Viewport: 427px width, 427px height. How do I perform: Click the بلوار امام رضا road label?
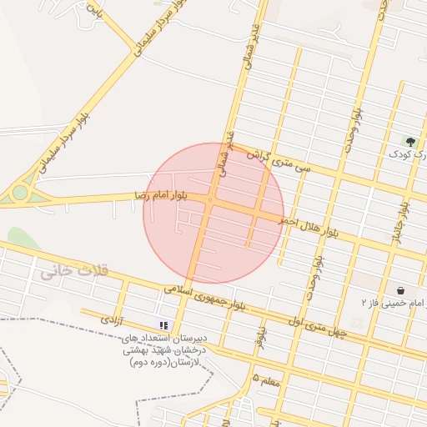(x=172, y=194)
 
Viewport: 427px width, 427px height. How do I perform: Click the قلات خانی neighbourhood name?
(x=72, y=271)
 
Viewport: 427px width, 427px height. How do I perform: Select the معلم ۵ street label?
(x=266, y=380)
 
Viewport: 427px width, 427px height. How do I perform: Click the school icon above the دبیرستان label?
(x=164, y=324)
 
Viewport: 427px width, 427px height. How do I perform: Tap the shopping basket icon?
(x=401, y=290)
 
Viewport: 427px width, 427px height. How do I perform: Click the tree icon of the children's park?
(x=409, y=141)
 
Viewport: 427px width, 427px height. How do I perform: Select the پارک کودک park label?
(x=409, y=154)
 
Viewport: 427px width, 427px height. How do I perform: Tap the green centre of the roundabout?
(x=18, y=194)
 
